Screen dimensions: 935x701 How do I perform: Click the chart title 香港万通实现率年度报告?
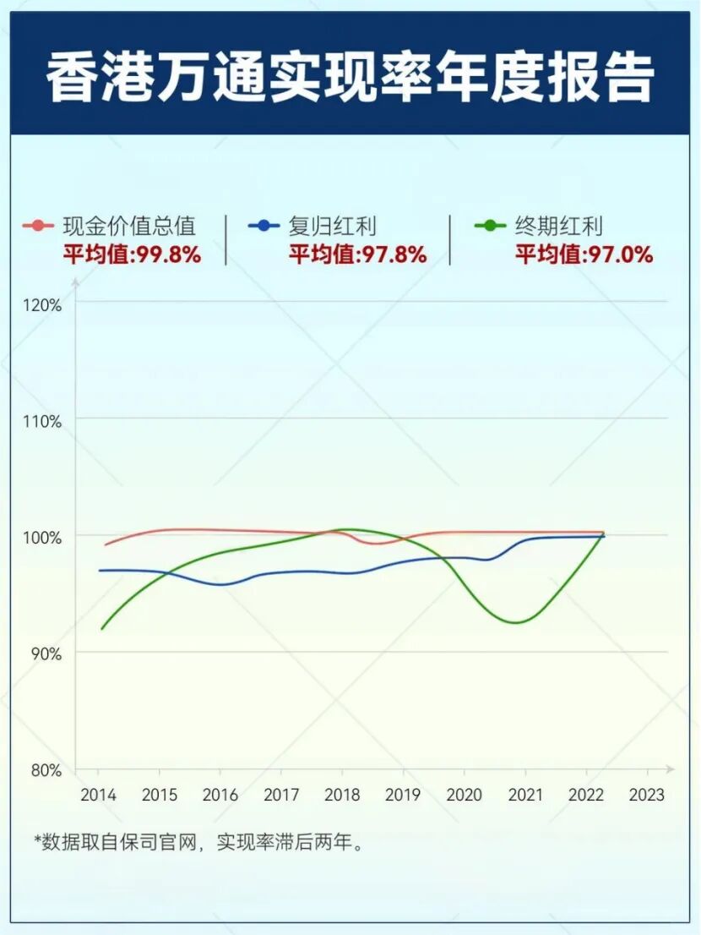click(x=350, y=79)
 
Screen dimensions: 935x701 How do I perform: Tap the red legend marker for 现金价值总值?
click(x=38, y=226)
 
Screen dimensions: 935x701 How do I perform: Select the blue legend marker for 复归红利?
click(x=264, y=226)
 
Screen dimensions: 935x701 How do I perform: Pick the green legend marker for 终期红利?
click(x=490, y=226)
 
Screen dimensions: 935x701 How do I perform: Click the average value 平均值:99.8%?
click(x=132, y=254)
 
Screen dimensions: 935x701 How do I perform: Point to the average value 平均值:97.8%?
click(x=357, y=254)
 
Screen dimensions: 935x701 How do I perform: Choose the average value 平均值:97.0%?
click(x=584, y=254)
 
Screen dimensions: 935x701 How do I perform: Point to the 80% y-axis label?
click(x=48, y=771)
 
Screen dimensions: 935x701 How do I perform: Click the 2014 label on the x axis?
click(x=98, y=796)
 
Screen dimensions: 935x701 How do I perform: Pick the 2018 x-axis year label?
click(x=342, y=796)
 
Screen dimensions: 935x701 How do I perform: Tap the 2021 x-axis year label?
click(x=524, y=796)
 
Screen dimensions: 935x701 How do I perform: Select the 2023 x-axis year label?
click(x=647, y=796)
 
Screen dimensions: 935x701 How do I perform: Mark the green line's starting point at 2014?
click(x=101, y=629)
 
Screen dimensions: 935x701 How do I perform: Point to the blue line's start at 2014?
click(x=101, y=571)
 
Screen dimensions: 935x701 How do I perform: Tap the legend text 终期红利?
click(x=558, y=226)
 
